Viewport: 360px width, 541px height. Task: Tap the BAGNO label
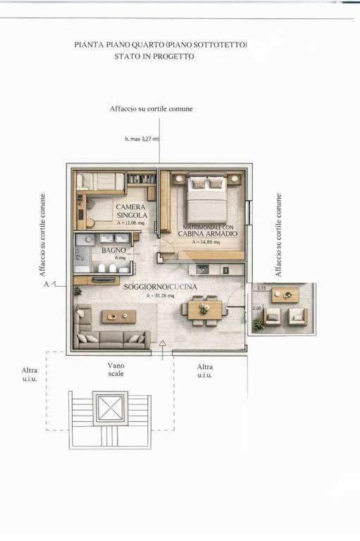pyautogui.click(x=113, y=250)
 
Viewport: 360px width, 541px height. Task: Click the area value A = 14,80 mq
pyautogui.click(x=206, y=242)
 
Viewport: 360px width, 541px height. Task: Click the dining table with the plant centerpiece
pyautogui.click(x=204, y=309)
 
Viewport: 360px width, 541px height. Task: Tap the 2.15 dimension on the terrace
pyautogui.click(x=261, y=288)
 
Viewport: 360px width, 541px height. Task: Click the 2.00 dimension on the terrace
pyautogui.click(x=257, y=308)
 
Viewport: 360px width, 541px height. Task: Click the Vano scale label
pyautogui.click(x=116, y=370)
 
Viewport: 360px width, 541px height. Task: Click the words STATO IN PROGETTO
pyautogui.click(x=154, y=57)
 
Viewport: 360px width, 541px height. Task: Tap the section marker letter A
pyautogui.click(x=46, y=285)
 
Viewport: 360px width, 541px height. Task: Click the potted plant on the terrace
pyautogui.click(x=259, y=324)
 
